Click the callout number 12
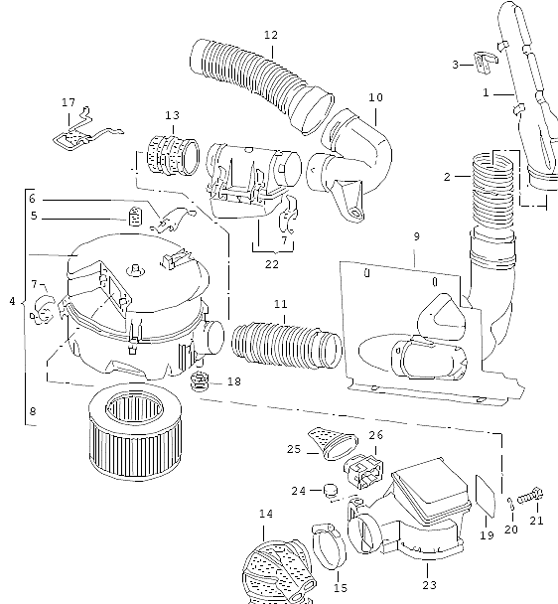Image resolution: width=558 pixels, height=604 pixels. tap(271, 35)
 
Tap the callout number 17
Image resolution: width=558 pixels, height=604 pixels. tap(69, 103)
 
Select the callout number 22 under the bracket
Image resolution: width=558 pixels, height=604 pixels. tap(272, 264)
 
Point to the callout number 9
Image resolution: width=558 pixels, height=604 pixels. tap(417, 236)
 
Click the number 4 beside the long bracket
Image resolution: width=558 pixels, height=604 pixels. tap(13, 301)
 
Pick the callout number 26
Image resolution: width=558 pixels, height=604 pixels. tap(376, 435)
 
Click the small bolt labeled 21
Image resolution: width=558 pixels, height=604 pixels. tap(530, 497)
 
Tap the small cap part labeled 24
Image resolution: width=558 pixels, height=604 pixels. tap(330, 490)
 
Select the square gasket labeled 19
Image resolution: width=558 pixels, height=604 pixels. tap(486, 496)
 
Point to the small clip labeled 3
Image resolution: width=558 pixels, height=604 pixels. tap(485, 62)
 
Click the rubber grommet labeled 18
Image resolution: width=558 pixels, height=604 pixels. tap(201, 380)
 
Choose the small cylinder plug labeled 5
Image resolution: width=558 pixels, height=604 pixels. tap(134, 217)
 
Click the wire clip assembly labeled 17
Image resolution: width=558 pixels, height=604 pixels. tap(87, 130)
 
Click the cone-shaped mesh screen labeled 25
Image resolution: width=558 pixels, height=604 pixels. tap(333, 443)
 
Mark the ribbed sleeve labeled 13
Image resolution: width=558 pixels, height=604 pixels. tap(174, 156)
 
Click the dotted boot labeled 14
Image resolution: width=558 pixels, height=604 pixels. tap(278, 572)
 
